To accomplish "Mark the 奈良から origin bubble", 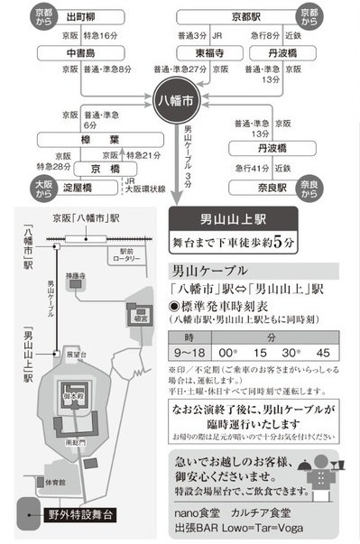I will tap(309, 189).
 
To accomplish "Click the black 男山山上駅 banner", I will tap(233, 221).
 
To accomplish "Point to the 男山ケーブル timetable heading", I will tap(209, 270).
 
